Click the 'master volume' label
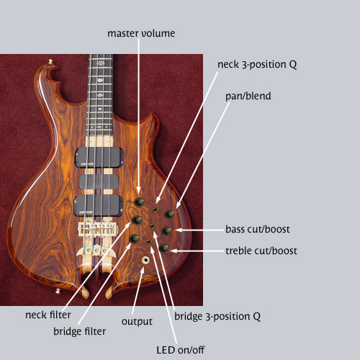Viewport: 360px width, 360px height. point(141,33)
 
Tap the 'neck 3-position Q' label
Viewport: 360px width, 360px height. point(257,64)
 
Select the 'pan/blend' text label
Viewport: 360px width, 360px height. point(248,96)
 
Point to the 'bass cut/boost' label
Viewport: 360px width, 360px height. point(258,229)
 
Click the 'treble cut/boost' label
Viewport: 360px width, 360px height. point(261,251)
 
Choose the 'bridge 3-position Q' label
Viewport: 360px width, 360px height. point(217,316)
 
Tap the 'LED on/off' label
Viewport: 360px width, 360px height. point(181,350)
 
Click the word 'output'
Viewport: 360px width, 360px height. point(137,322)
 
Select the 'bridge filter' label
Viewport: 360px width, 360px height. point(79,331)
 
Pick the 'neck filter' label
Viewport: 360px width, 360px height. point(48,315)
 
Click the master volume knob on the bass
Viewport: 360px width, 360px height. point(139,202)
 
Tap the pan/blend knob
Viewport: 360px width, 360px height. point(169,214)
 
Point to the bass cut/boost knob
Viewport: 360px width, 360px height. point(166,231)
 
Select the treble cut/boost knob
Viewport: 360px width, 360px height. point(163,248)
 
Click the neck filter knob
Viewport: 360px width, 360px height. point(137,220)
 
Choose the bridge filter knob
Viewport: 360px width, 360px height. point(134,239)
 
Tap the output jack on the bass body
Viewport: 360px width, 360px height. point(145,260)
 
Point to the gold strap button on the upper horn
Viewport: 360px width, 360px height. point(50,62)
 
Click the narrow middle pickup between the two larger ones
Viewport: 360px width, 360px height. point(99,181)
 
